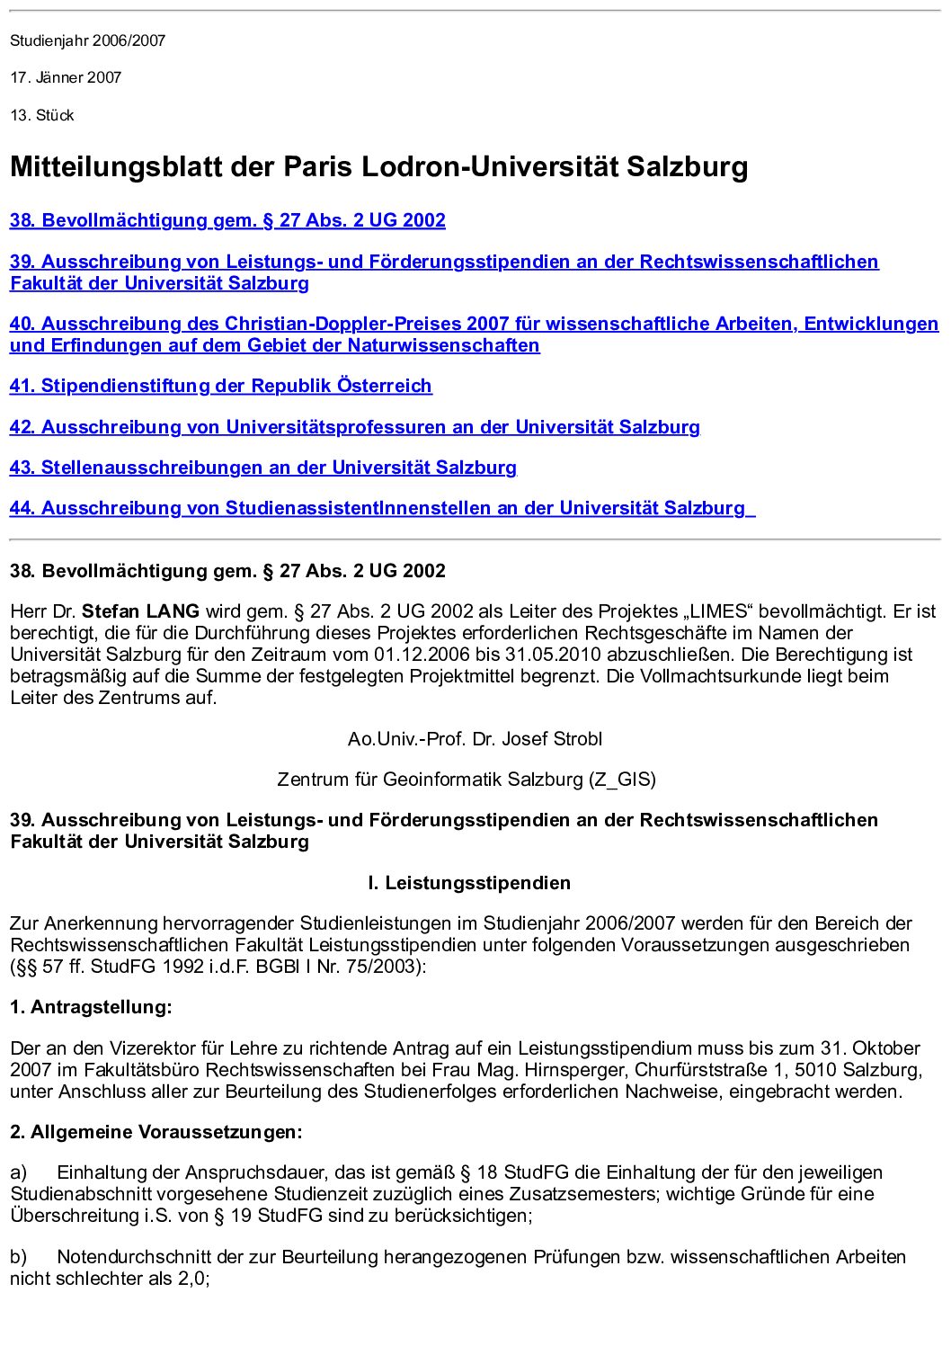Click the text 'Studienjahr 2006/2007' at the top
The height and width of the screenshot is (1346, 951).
coord(88,40)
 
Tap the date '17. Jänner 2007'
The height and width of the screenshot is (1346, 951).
coord(66,77)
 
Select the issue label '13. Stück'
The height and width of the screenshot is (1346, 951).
coord(42,115)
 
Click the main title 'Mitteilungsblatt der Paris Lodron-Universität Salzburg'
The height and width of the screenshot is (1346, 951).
coord(378,166)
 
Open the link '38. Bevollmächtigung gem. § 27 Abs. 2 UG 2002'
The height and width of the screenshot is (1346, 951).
coord(227,220)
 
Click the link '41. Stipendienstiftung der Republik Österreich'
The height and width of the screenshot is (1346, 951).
coord(220,386)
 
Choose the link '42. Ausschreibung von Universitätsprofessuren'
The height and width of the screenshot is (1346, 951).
coord(354,427)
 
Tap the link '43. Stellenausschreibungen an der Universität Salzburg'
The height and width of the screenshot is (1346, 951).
coord(262,468)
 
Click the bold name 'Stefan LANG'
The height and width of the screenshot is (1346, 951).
coord(140,611)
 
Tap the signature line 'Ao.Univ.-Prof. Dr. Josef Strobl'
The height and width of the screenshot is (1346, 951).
coord(475,739)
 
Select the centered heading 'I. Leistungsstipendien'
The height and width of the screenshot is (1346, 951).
coord(468,883)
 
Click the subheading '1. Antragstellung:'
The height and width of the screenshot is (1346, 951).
coord(91,1007)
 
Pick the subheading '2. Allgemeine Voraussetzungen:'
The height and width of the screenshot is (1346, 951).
coord(156,1132)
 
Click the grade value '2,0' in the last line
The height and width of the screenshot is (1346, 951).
coord(191,1279)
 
